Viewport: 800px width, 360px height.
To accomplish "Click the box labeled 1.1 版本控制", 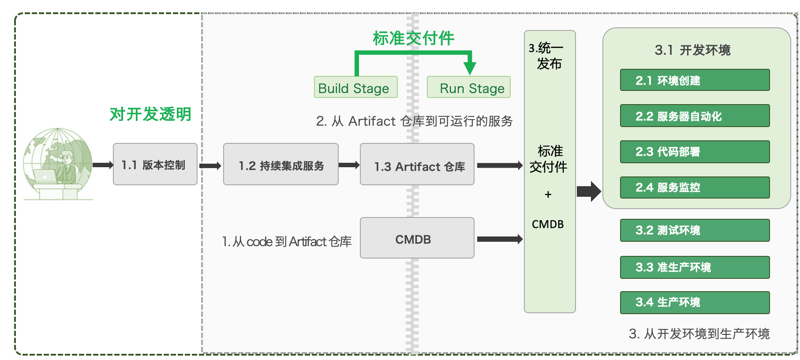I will (155, 164).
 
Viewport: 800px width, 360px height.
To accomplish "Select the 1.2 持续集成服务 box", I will (280, 164).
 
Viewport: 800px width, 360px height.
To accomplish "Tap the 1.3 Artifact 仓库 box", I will (417, 165).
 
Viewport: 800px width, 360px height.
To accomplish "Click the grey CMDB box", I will (417, 238).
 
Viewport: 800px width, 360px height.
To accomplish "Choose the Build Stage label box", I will (355, 87).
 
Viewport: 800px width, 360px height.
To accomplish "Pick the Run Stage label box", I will (468, 87).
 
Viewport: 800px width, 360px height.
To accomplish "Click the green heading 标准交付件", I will (413, 38).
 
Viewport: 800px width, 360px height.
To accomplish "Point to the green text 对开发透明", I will (150, 114).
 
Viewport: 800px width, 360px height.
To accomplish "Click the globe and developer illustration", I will (57, 164).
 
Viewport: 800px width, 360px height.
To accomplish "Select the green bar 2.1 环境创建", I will (695, 80).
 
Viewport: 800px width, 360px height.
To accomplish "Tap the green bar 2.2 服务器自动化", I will (695, 116).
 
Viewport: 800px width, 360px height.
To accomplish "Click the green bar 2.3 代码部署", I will (695, 152).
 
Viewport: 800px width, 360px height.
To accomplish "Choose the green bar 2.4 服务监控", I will (695, 187).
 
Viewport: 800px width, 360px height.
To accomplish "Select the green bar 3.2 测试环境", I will (695, 230).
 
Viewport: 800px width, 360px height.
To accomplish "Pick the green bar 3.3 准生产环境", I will (695, 267).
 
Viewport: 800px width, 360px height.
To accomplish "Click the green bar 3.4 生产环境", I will (695, 303).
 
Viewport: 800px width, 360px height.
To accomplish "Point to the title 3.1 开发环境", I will (692, 50).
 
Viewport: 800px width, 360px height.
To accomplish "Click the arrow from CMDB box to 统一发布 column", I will (499, 239).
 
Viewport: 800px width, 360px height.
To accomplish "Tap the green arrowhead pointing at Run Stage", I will (470, 67).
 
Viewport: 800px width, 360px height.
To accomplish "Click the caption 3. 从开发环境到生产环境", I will (699, 334).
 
